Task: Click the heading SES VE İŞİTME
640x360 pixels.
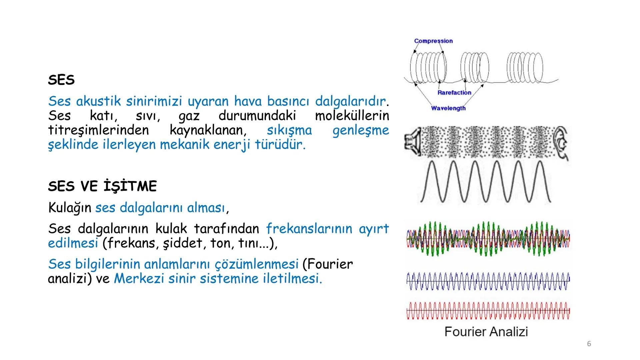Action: click(102, 186)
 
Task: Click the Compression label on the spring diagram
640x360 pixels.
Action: click(433, 41)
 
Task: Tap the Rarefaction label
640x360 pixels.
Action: click(454, 93)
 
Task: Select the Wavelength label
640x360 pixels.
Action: click(448, 108)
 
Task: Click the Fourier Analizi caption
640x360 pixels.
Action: click(486, 332)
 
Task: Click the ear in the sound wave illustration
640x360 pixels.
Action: click(561, 143)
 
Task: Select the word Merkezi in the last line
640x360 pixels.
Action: click(139, 279)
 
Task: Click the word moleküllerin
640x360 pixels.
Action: click(352, 116)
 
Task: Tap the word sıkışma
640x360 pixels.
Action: click(289, 130)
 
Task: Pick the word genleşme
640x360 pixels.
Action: click(360, 130)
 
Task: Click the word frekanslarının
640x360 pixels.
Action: click(309, 229)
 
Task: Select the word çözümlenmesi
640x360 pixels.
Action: click(256, 264)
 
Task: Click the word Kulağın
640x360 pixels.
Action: click(69, 208)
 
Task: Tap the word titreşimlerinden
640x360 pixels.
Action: click(98, 130)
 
